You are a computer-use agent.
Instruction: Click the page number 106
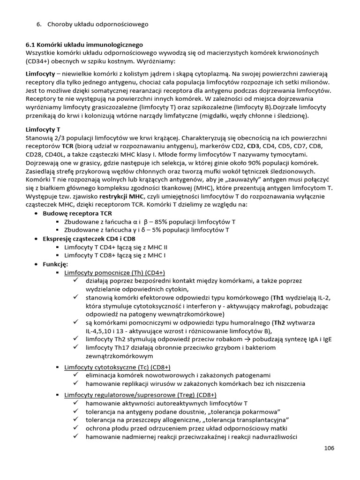pyautogui.click(x=329, y=448)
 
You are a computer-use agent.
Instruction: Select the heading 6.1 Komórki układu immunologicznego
pyautogui.click(x=84, y=45)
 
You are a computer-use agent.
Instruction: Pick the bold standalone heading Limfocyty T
pyautogui.click(x=45, y=129)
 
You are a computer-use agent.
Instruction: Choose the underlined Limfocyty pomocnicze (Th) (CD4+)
pyautogui.click(x=114, y=272)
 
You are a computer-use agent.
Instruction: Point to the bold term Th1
pyautogui.click(x=278, y=298)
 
